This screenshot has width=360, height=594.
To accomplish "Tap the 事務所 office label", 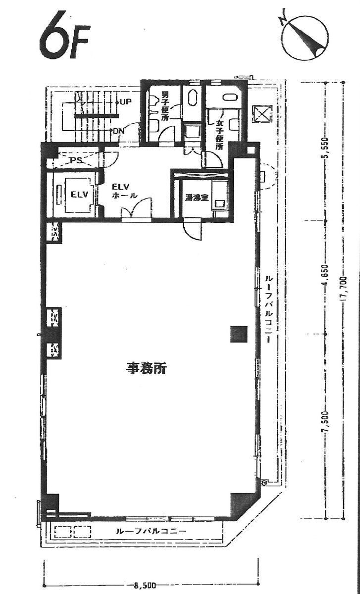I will [146, 369].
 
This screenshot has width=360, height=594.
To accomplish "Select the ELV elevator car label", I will [79, 194].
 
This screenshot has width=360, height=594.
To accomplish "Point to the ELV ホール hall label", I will [121, 191].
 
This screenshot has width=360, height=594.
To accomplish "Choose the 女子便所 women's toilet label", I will [218, 135].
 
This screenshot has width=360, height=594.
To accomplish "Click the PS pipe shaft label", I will [75, 160].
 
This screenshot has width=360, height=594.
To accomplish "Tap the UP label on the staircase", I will [125, 102].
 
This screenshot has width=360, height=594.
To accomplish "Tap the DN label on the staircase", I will [118, 131].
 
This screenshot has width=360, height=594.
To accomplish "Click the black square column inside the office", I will [238, 335].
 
